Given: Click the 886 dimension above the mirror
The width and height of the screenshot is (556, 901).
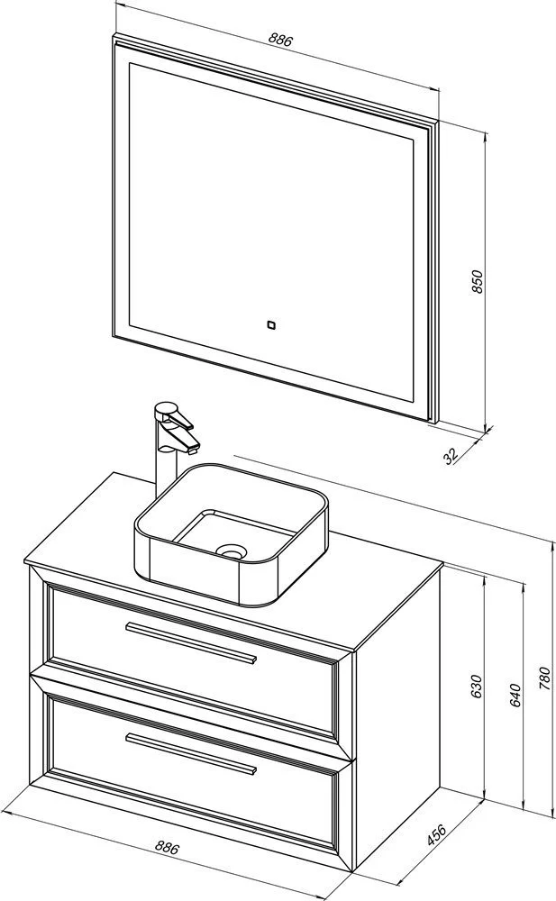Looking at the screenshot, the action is pos(281,40).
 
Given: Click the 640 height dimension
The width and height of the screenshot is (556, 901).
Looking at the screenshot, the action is pos(515,696).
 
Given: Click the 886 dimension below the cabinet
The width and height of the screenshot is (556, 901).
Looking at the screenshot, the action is pos(168,848).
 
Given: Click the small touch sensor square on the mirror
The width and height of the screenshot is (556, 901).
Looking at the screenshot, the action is pos(269,324).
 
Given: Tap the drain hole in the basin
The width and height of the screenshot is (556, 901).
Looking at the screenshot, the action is pos(232,551).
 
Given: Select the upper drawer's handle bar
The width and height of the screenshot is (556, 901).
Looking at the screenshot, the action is pos(190,642).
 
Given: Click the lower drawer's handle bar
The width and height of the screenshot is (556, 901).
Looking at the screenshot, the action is pos(190,752).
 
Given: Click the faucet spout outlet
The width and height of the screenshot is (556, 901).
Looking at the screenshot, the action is pos(195,445).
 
